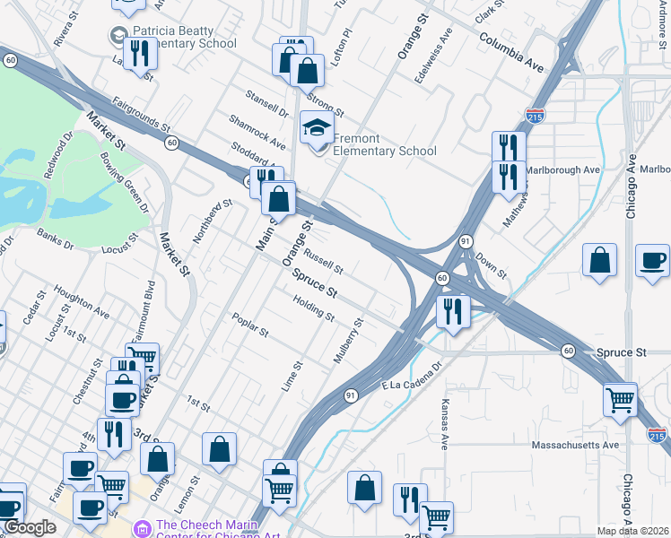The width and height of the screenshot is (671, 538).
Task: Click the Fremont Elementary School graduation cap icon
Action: [x=317, y=126]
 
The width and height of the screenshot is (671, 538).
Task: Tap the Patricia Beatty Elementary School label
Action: [x=185, y=36]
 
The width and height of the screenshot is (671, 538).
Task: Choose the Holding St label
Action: [x=314, y=310]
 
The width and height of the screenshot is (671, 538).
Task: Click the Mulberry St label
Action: [x=349, y=340]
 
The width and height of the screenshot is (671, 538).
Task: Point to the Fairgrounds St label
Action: [x=143, y=115]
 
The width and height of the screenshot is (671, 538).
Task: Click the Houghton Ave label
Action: [x=82, y=302]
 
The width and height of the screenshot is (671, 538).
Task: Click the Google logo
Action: [x=30, y=527]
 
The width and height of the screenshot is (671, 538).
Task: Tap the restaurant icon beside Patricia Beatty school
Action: [x=140, y=55]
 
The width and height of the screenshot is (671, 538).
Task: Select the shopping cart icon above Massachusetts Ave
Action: [x=620, y=399]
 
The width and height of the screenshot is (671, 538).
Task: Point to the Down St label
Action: [x=492, y=263]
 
